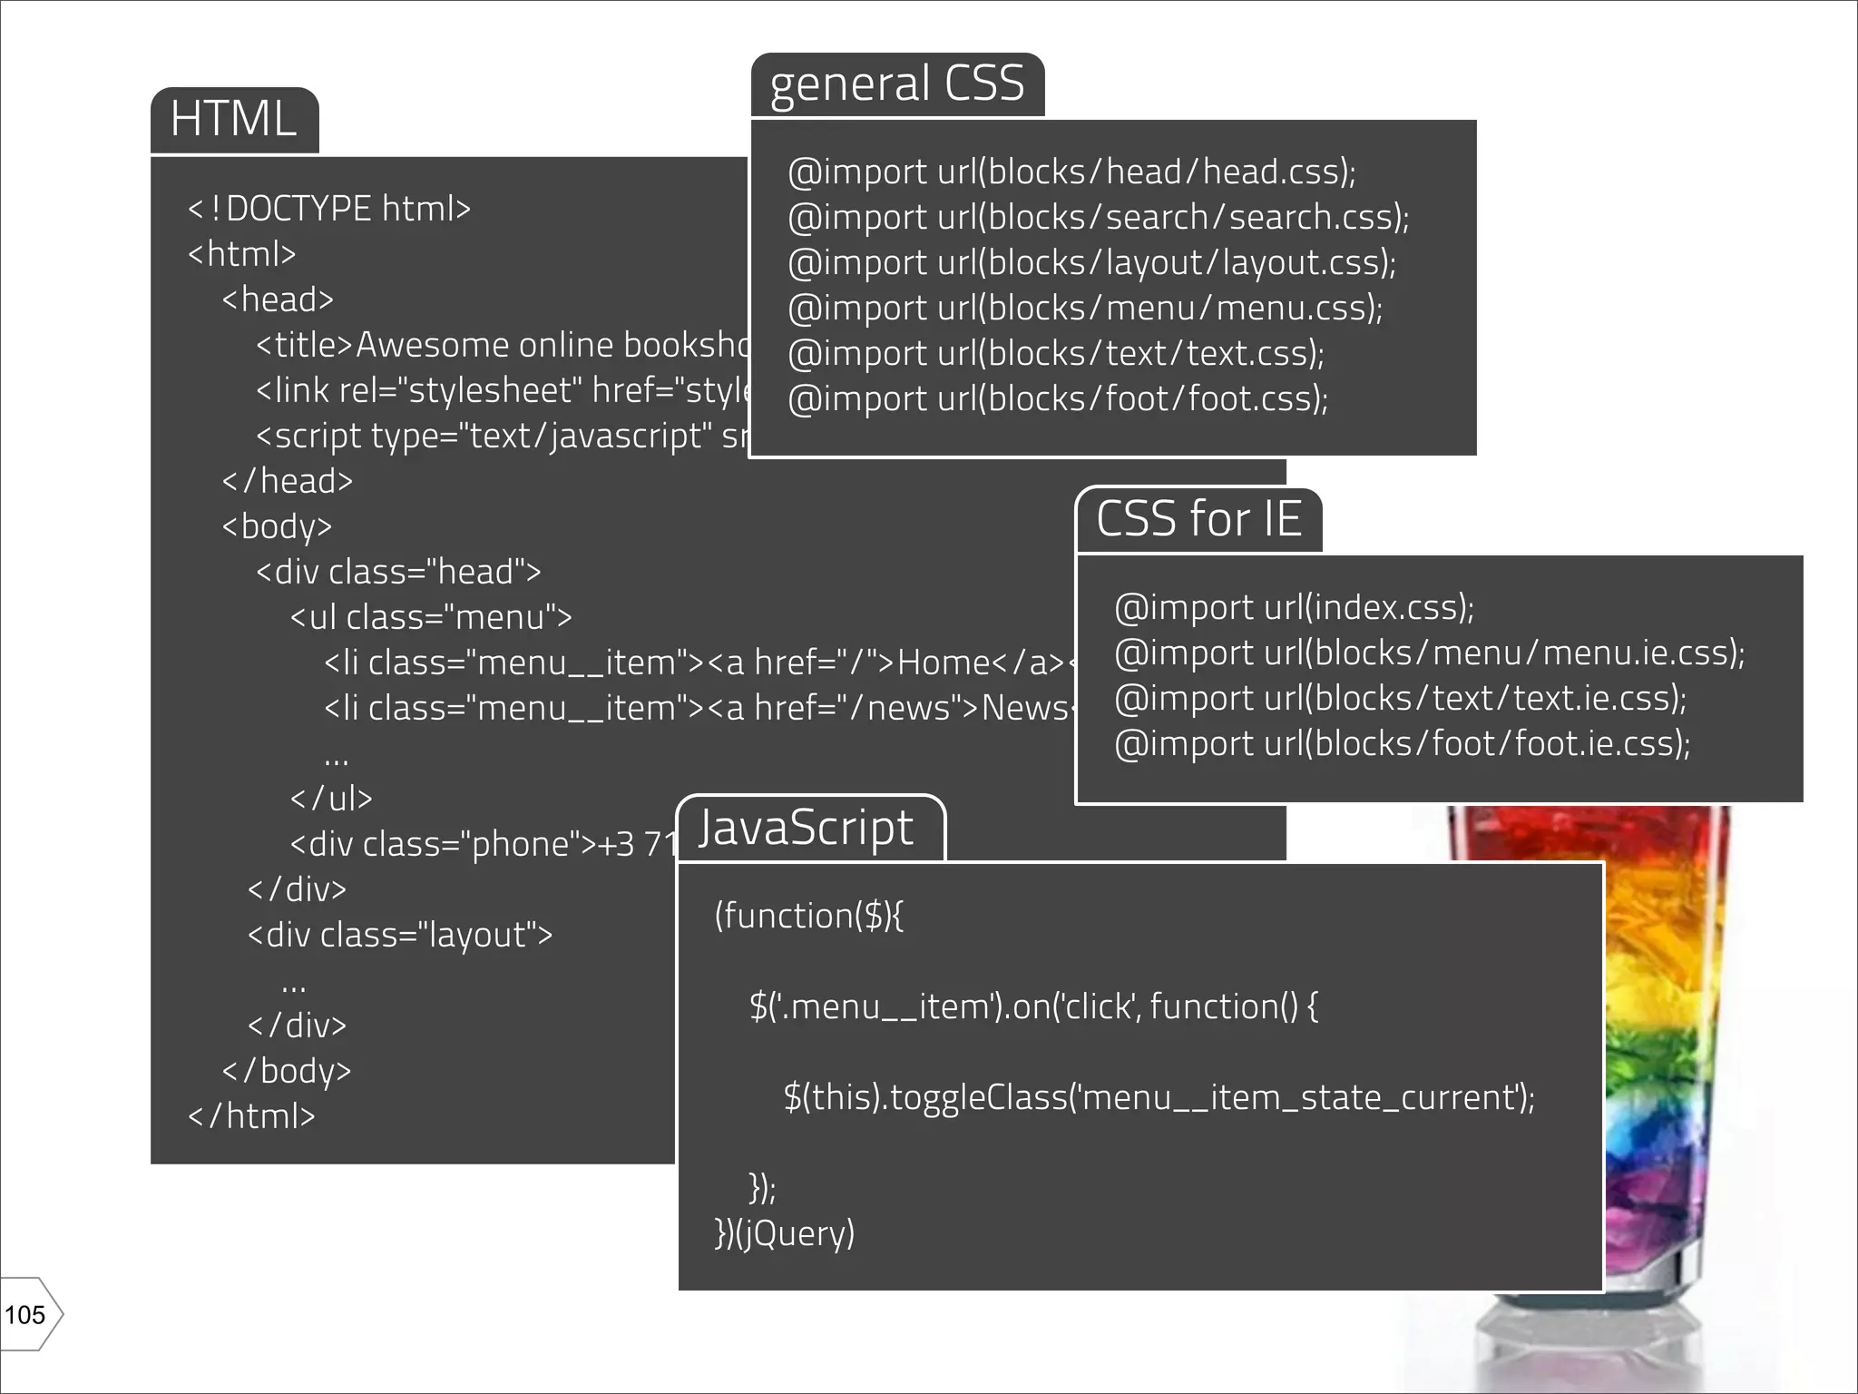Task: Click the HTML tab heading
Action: coord(234,120)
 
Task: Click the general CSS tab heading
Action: coord(896,84)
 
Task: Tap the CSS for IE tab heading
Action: coord(1198,519)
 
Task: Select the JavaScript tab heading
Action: coord(806,828)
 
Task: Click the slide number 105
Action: coord(25,1314)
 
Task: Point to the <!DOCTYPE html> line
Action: coord(328,209)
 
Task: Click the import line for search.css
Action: coord(1098,217)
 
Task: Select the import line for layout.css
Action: coord(1091,262)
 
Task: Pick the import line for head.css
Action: coord(1071,172)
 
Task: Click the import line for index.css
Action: coord(1294,607)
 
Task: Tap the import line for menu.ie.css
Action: coord(1429,653)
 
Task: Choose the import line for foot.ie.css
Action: coord(1402,743)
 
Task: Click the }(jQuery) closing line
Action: coord(785,1233)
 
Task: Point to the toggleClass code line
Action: coord(1159,1097)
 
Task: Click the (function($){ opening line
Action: coord(808,916)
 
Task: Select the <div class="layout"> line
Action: coord(400,935)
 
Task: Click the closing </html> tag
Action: coord(251,1116)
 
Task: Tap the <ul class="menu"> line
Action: coord(431,617)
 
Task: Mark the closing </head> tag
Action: coord(287,481)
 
